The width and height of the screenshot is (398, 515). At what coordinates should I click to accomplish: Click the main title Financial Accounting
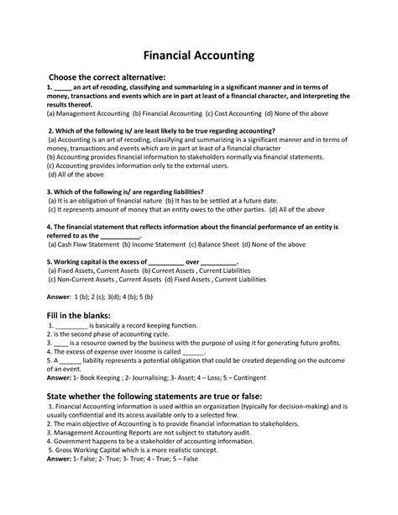198,55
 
